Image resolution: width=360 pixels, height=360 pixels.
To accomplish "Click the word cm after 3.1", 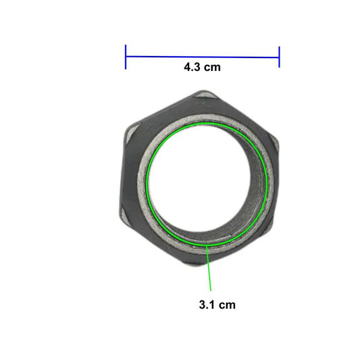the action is click(x=227, y=305).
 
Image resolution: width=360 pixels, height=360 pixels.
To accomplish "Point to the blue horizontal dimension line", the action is click(x=202, y=57).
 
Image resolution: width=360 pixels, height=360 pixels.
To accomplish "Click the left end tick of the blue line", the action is click(x=126, y=57).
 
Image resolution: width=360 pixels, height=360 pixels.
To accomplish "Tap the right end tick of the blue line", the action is click(x=279, y=57).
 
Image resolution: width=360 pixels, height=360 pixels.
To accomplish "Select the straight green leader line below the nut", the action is click(x=209, y=268).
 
